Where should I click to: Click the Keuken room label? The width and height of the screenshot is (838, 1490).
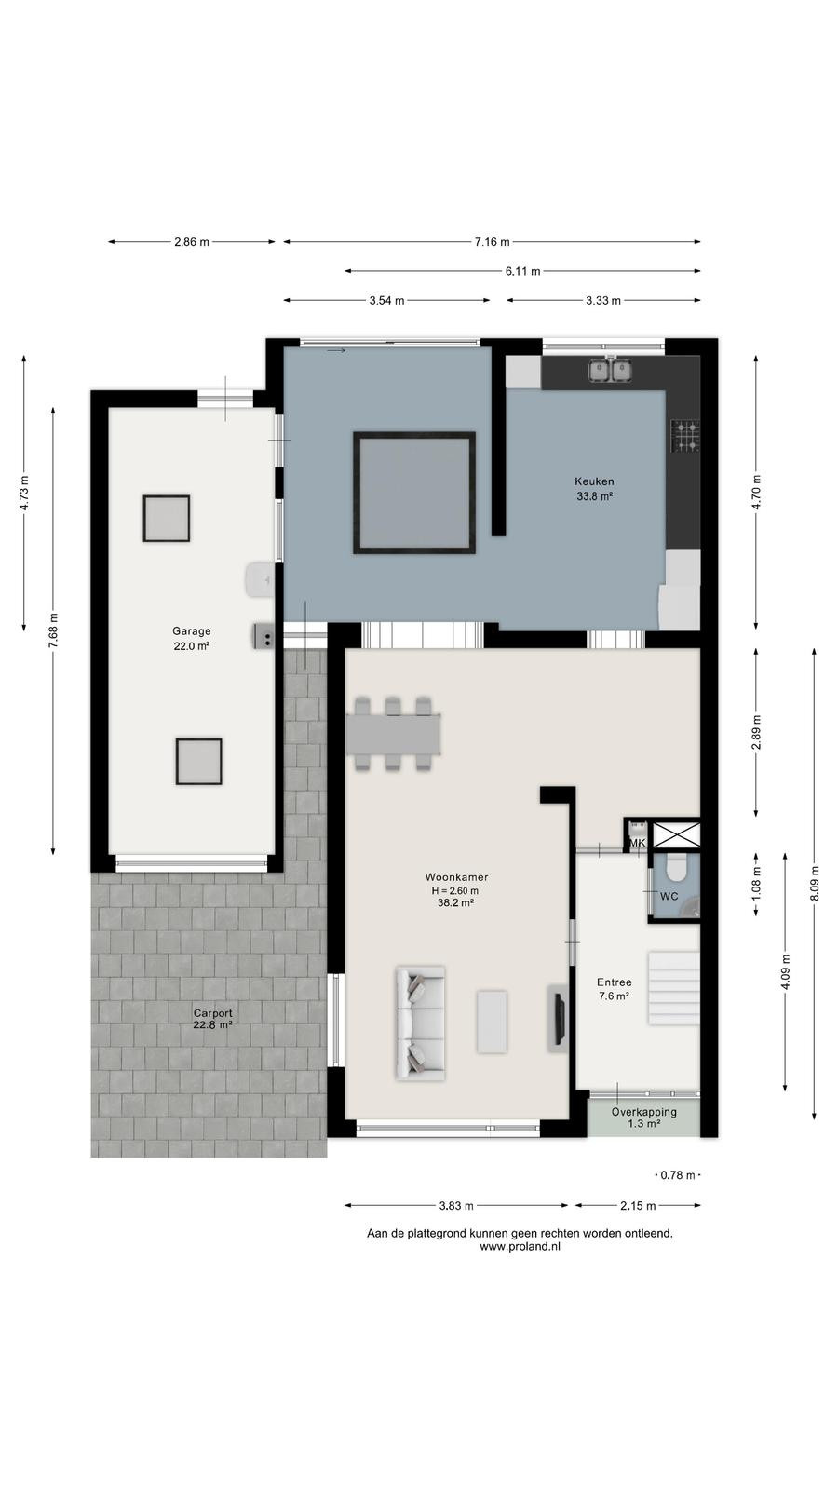[595, 481]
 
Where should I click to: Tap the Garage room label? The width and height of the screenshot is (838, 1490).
[192, 630]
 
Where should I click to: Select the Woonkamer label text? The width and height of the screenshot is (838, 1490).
[456, 876]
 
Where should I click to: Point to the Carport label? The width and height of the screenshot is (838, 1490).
[213, 1013]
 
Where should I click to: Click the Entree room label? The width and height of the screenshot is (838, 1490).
[614, 982]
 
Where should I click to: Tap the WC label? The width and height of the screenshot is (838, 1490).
[669, 896]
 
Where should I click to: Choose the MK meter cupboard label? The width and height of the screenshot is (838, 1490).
[637, 843]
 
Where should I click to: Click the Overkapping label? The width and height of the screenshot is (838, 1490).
[643, 1112]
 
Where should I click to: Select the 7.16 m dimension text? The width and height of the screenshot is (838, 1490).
[493, 242]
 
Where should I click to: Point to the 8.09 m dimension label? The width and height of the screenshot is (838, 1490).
[815, 883]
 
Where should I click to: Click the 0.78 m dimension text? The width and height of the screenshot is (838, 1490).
[678, 1175]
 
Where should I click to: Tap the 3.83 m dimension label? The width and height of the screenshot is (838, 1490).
[456, 1206]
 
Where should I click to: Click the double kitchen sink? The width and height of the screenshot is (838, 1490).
[610, 371]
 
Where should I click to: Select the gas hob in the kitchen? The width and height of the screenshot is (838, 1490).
[685, 436]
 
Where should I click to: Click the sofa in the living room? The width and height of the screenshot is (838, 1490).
[420, 1023]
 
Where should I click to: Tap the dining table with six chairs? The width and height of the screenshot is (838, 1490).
[394, 734]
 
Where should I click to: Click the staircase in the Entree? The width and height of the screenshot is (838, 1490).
[674, 988]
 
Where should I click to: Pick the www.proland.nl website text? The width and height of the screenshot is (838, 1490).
[520, 1247]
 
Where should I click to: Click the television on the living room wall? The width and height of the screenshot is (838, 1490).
[560, 1019]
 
